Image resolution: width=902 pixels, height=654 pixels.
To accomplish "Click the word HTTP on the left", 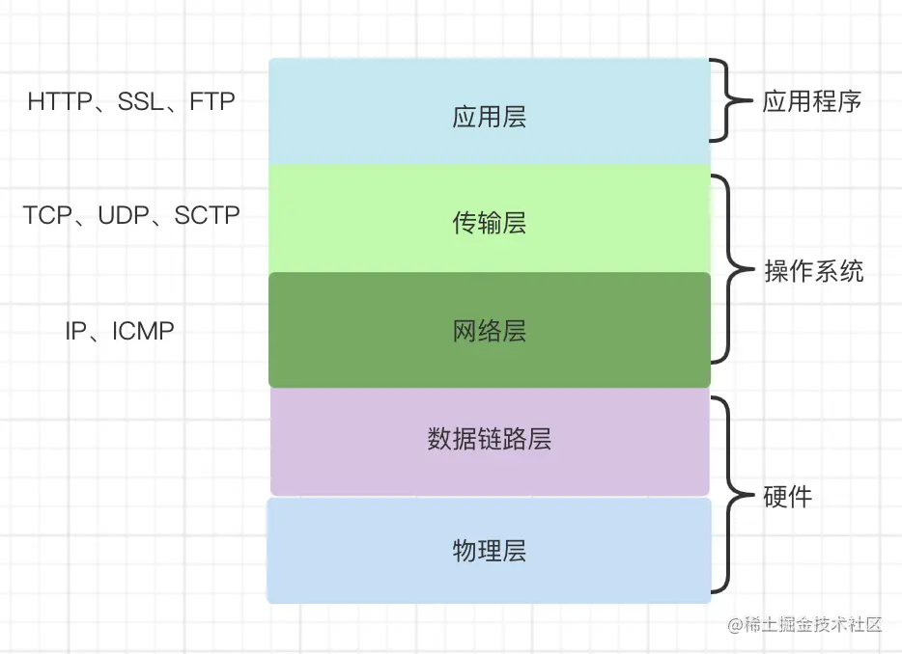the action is [x=60, y=101].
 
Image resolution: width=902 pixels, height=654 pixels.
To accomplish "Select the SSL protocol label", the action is [x=140, y=101].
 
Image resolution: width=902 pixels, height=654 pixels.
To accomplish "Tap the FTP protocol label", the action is [x=212, y=101].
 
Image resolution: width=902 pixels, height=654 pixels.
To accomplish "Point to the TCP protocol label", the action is [x=47, y=215].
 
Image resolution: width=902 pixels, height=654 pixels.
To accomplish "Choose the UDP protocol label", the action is [x=124, y=215].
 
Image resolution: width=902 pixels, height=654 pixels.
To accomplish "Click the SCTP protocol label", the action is [x=207, y=215].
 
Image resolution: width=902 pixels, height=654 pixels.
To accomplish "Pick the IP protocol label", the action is [x=76, y=331].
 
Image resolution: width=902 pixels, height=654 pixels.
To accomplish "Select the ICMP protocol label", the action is [x=143, y=331].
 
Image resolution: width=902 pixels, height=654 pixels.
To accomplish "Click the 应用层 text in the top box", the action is [x=489, y=117].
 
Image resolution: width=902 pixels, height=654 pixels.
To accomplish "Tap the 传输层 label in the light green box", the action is [x=489, y=223].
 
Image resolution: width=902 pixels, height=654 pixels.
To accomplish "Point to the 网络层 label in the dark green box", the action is [x=489, y=331].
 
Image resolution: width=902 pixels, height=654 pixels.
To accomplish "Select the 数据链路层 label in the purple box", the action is [x=489, y=439].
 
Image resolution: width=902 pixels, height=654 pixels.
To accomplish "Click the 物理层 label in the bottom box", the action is [x=489, y=551].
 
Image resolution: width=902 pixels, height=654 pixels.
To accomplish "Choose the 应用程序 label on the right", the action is [x=811, y=101].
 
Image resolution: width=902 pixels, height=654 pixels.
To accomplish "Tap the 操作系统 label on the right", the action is [x=814, y=271].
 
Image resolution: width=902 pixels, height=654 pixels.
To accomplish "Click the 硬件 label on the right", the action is [x=787, y=497].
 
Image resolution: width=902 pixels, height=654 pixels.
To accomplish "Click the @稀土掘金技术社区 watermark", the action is [x=804, y=625].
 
